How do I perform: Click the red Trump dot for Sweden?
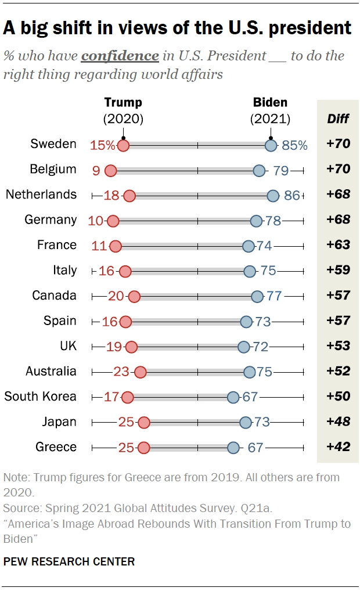pos(123,145)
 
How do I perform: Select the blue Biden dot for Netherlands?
pos(273,196)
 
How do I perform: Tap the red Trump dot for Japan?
pos(144,422)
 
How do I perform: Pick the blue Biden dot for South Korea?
pos(233,397)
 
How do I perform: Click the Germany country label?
pos(51,220)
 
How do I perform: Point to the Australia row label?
pos(51,372)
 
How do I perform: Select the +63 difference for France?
pos(338,245)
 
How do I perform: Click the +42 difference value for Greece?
pos(338,447)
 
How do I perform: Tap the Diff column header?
pos(338,119)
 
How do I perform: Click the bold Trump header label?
pos(123,103)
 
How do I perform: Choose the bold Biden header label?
pos(270,103)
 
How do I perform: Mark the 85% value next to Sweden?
pos(294,145)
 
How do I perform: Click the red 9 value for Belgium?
pos(96,170)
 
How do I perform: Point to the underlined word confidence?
pos(120,56)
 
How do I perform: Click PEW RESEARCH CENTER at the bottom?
pos(69,561)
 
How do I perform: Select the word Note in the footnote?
pos(16,478)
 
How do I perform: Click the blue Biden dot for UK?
pos(244,347)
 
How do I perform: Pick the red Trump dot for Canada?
pos(134,296)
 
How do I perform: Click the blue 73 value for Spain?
pos(263,321)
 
